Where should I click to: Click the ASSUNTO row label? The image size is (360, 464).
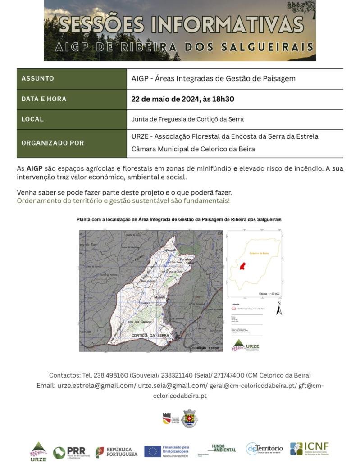(x=37, y=78)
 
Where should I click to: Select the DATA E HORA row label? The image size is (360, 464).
(x=44, y=99)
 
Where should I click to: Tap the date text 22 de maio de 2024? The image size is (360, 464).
(x=165, y=99)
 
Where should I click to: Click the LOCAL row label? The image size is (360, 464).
(x=32, y=119)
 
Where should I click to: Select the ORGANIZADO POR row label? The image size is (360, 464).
(x=52, y=143)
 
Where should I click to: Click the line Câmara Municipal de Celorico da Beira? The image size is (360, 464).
(x=193, y=149)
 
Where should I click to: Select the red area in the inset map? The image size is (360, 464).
(x=242, y=266)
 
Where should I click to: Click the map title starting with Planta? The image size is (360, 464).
(x=179, y=219)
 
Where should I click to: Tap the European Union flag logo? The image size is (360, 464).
(x=153, y=451)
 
